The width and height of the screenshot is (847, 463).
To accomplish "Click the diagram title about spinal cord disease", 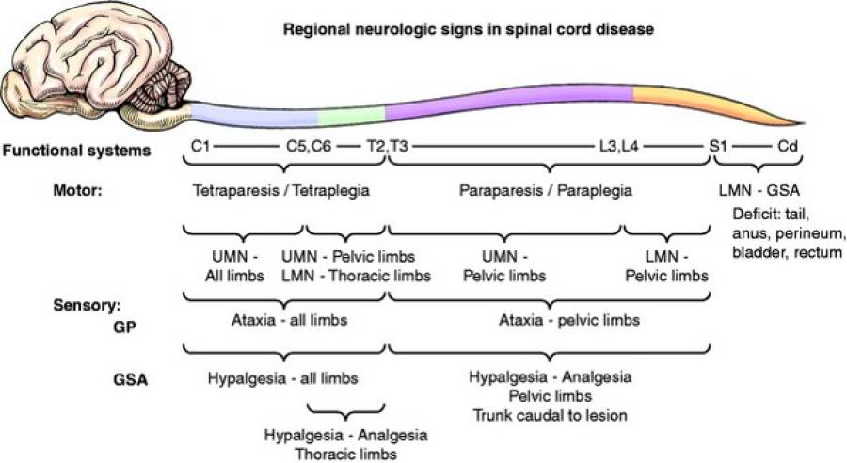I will click(469, 29).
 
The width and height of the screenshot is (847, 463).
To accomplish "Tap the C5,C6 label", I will click(308, 148).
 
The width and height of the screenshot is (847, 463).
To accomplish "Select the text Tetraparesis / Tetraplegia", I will click(280, 190).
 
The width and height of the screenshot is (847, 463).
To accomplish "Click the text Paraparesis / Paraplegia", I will click(545, 190).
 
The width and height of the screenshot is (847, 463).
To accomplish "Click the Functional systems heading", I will click(78, 149).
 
